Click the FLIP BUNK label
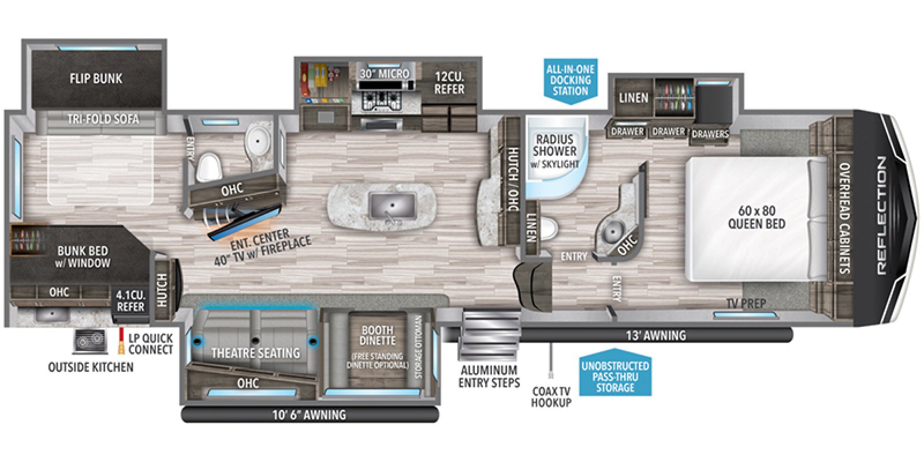point(96,79)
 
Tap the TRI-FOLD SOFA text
point(103,119)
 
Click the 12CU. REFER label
point(449,83)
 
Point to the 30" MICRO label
point(385,74)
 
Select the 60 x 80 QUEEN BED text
point(756,217)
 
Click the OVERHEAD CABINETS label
point(844,218)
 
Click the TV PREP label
point(746,303)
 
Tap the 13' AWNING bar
point(656,335)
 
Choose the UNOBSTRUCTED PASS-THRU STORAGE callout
point(615,377)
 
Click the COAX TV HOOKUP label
point(551,397)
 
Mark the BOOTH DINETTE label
point(377,336)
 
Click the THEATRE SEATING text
point(255,353)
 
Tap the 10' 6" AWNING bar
point(309,415)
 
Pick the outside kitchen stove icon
point(90,342)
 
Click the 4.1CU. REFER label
point(131,300)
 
